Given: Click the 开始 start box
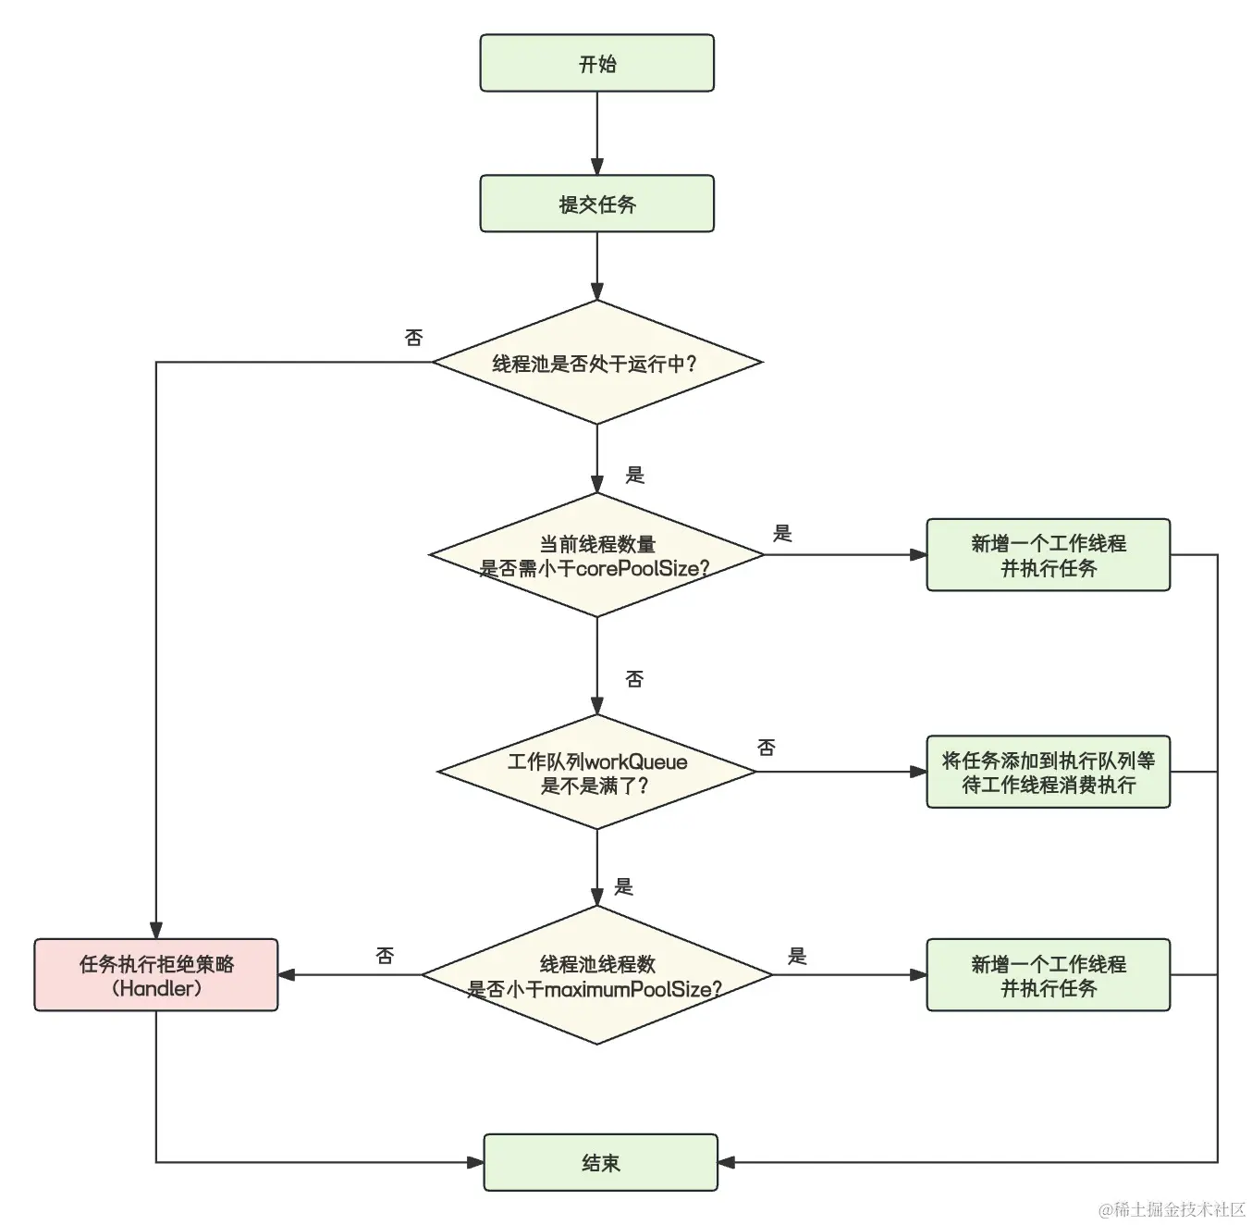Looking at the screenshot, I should point(596,63).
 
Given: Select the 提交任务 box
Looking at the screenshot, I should point(596,204).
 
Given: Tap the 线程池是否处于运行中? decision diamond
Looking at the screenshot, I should point(596,363).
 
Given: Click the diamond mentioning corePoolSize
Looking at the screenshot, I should point(596,555).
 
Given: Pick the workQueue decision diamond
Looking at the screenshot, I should point(596,773).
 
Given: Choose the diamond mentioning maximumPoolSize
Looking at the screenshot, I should point(596,975).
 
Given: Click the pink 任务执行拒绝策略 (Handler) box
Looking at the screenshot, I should point(156,975).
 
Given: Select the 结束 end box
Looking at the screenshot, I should point(600,1162).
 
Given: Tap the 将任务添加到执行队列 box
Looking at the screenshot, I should point(1048,772).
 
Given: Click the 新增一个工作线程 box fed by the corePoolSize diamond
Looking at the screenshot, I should point(1048,555).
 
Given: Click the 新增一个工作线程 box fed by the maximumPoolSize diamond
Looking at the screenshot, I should point(1048,975).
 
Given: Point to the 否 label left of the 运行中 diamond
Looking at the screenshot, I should point(413,338).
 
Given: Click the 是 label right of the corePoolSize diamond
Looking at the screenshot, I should point(782,533).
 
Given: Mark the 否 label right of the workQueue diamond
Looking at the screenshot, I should point(766,748).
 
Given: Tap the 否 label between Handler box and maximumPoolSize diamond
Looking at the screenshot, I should point(385,956).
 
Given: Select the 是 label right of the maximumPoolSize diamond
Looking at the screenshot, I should point(797,956).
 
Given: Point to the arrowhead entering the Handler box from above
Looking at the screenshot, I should point(156,931).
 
